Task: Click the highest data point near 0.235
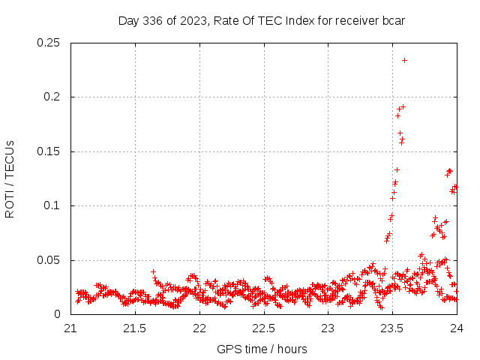(404, 60)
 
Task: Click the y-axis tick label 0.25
(49, 43)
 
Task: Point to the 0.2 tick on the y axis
(54, 97)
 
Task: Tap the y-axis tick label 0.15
(49, 151)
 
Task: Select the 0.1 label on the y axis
(54, 206)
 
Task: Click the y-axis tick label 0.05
(49, 260)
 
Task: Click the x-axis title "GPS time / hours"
(262, 349)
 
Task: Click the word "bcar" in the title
(393, 20)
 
